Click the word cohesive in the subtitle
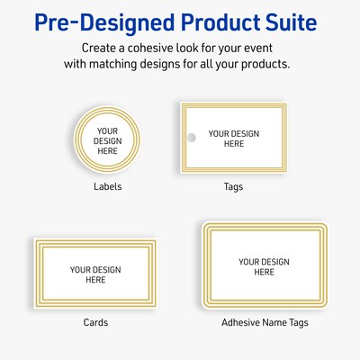tap(174, 47)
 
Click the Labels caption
tap(107, 186)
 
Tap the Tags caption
tap(233, 186)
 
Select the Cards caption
tap(95, 321)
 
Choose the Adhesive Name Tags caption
tap(263, 321)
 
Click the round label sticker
tap(107, 139)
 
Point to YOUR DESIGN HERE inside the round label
tap(107, 139)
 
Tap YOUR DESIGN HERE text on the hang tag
tap(233, 138)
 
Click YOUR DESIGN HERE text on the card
tap(95, 274)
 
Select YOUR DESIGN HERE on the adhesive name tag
tap(263, 266)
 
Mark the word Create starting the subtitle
tap(100, 47)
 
